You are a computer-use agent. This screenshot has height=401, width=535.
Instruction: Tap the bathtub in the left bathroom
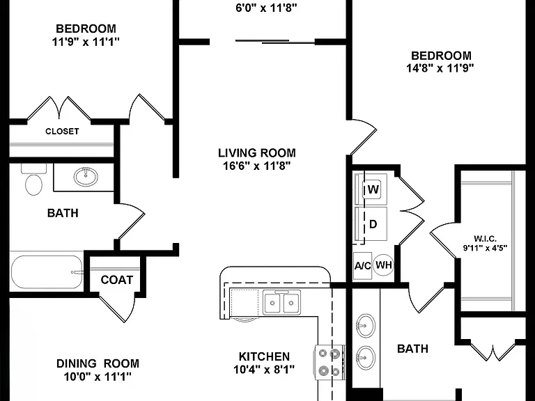(47, 272)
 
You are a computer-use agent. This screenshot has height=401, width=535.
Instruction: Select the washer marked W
(371, 189)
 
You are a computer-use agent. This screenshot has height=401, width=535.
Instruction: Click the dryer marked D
(371, 224)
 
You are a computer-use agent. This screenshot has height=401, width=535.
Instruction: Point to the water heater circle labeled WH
(384, 265)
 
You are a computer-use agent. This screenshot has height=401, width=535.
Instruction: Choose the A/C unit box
(362, 266)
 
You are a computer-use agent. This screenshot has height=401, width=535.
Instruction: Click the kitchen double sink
(281, 301)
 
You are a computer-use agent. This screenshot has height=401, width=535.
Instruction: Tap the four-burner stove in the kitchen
(329, 362)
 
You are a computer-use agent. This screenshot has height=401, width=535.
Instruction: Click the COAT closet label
(117, 280)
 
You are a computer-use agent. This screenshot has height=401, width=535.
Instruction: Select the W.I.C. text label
(485, 239)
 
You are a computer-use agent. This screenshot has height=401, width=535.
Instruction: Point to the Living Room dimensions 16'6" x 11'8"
(256, 166)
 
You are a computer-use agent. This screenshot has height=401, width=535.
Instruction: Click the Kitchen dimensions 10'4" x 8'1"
(264, 369)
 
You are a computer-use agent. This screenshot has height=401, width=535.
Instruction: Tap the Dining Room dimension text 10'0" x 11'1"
(98, 377)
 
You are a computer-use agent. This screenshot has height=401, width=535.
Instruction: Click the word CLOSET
(62, 132)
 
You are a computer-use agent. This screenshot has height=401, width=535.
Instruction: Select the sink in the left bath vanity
(85, 177)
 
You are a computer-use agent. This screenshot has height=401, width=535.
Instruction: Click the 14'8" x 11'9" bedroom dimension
(440, 68)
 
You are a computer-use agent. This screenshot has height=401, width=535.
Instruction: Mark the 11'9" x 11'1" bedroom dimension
(86, 42)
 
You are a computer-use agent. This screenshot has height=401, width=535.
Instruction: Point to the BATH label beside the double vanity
(412, 349)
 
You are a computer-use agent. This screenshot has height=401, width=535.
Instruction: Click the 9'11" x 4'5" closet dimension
(485, 248)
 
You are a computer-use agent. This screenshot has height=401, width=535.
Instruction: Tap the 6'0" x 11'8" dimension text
(267, 8)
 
